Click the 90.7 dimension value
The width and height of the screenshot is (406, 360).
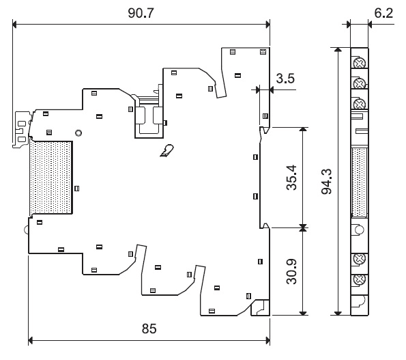(141, 13)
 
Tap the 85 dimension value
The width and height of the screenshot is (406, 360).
(149, 329)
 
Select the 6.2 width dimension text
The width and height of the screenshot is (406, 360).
(383, 13)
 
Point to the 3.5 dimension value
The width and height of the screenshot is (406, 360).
(285, 79)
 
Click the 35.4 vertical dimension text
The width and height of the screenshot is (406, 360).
(291, 178)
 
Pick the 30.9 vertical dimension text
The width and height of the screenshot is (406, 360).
(291, 271)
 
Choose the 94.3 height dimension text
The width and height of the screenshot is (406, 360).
(326, 182)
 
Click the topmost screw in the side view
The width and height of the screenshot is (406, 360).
(359, 63)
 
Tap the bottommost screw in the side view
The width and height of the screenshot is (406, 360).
(359, 279)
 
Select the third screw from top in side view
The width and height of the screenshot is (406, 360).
(359, 104)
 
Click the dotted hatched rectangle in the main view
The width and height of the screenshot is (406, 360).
(51, 178)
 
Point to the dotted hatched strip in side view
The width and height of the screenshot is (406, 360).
(360, 182)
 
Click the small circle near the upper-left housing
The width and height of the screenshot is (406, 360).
(78, 133)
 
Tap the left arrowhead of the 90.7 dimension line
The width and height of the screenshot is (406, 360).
(14, 25)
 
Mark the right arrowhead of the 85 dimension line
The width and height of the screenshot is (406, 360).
(267, 340)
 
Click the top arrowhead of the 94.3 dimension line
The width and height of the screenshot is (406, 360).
(338, 49)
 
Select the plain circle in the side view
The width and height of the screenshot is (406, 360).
(359, 230)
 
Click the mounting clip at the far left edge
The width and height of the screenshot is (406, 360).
(21, 130)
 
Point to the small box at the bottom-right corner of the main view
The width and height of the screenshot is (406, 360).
(260, 307)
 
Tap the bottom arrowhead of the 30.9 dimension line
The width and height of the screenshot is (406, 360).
(303, 313)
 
